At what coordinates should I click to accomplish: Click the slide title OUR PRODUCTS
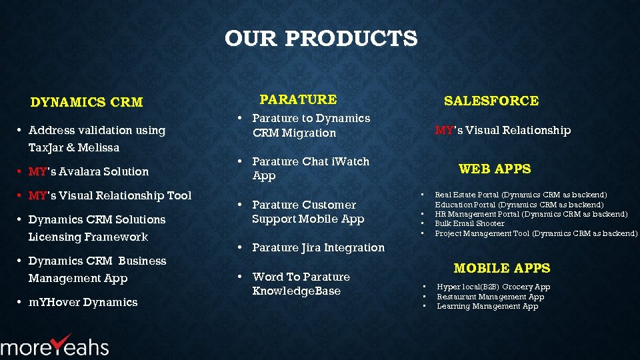click(321, 39)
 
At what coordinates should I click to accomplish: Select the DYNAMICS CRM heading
click(87, 103)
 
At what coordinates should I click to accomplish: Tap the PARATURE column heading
click(298, 100)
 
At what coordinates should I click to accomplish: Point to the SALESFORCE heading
click(491, 101)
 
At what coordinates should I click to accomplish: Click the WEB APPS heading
click(495, 169)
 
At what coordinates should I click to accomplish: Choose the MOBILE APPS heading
click(501, 269)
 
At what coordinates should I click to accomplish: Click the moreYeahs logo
click(55, 345)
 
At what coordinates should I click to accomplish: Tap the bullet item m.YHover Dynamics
click(83, 303)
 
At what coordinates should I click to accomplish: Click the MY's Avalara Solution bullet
click(89, 172)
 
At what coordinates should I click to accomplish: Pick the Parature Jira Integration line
click(318, 248)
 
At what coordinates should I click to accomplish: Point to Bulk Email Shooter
click(469, 224)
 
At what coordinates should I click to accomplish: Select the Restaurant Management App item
click(490, 297)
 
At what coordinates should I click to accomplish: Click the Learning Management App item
click(487, 307)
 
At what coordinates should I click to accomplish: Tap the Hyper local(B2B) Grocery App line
click(493, 287)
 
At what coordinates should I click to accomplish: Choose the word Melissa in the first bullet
click(98, 148)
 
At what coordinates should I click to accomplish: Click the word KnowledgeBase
click(297, 291)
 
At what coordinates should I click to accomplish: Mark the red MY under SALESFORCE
click(443, 131)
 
